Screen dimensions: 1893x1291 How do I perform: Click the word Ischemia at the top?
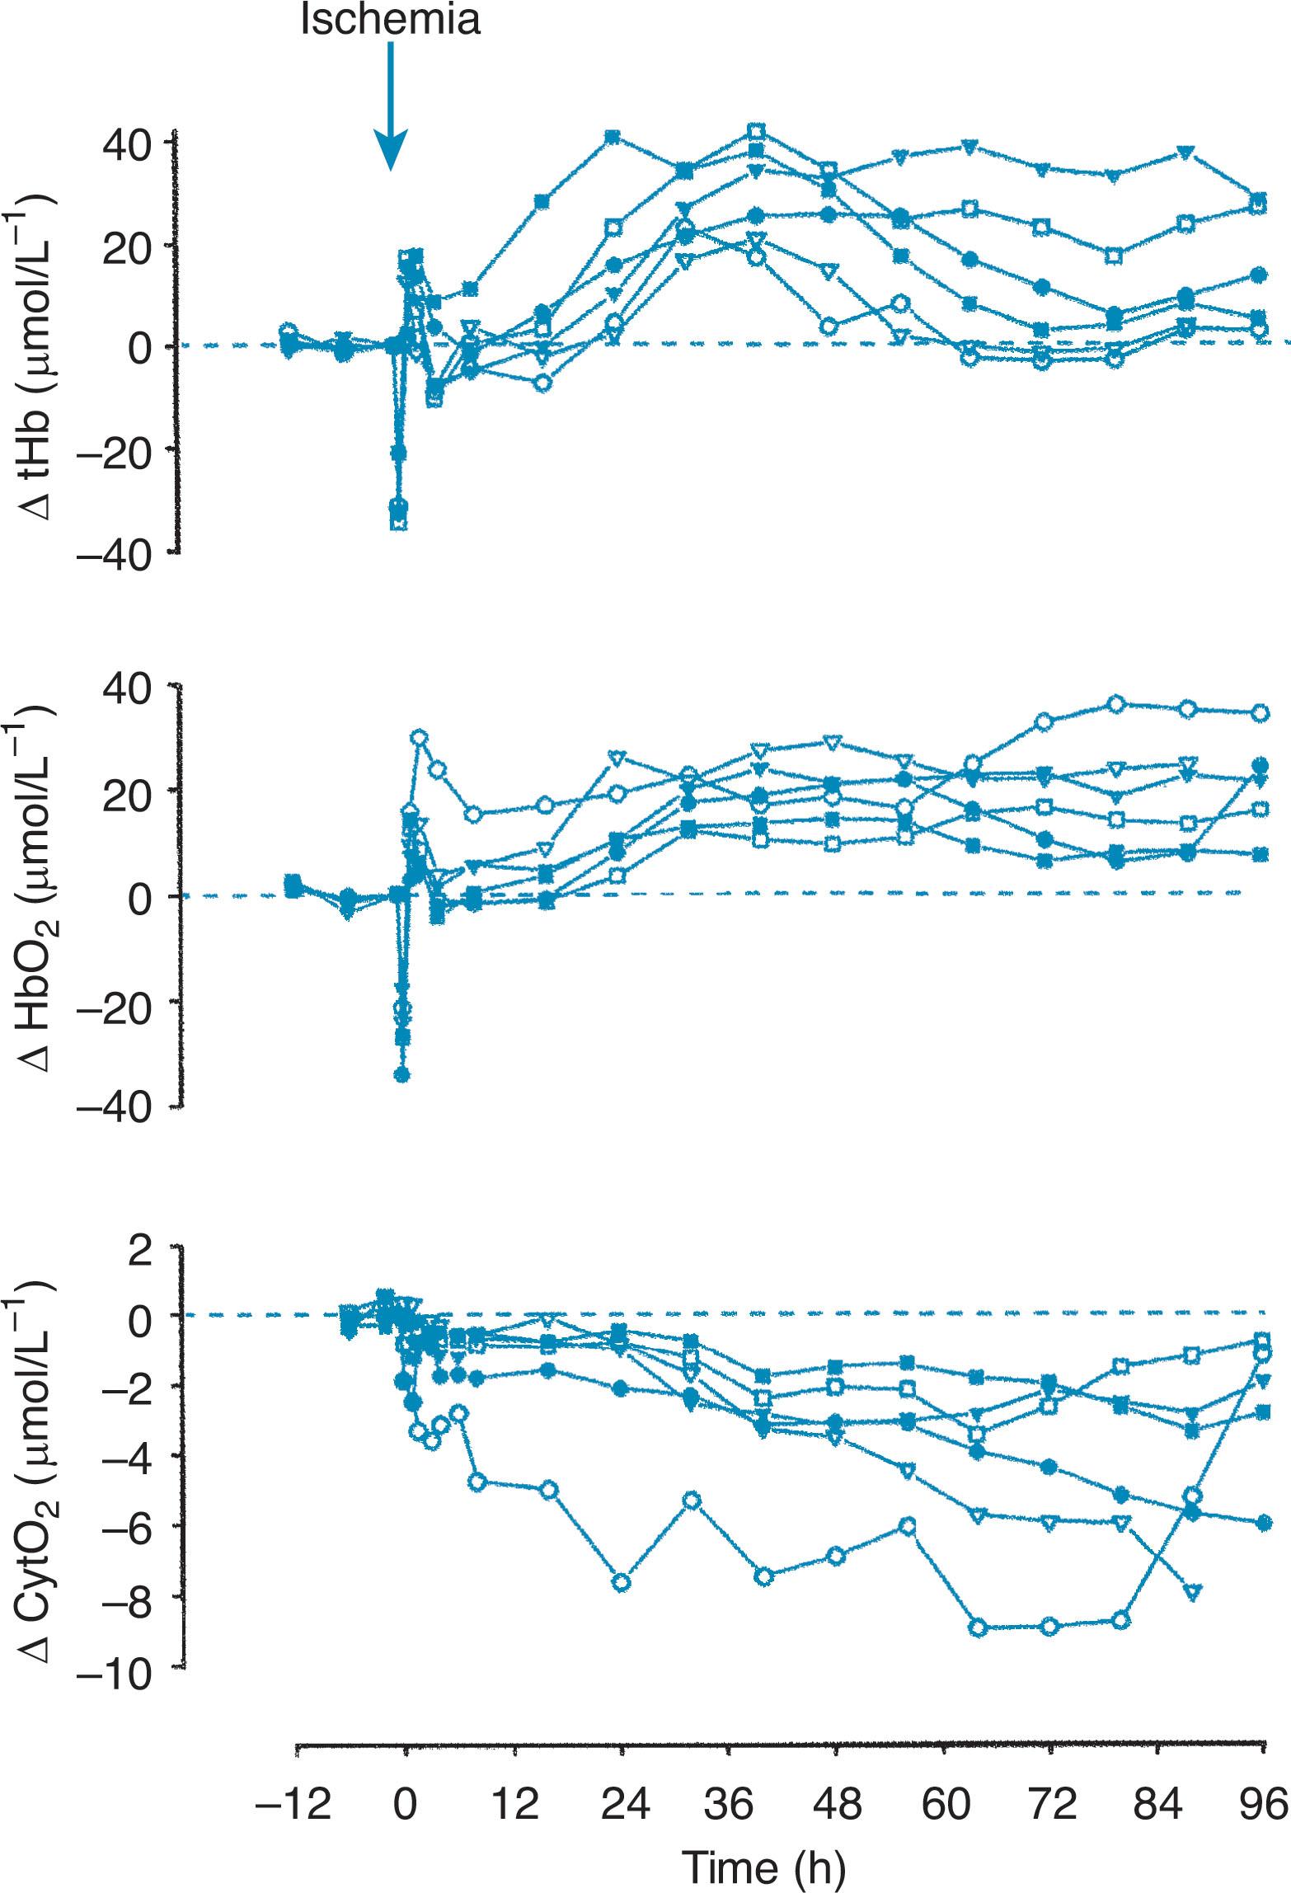(390, 20)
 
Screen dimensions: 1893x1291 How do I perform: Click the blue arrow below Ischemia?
(390, 107)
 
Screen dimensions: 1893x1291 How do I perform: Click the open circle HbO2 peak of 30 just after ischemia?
(420, 738)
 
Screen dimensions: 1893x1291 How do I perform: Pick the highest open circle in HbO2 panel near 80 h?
(1116, 703)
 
